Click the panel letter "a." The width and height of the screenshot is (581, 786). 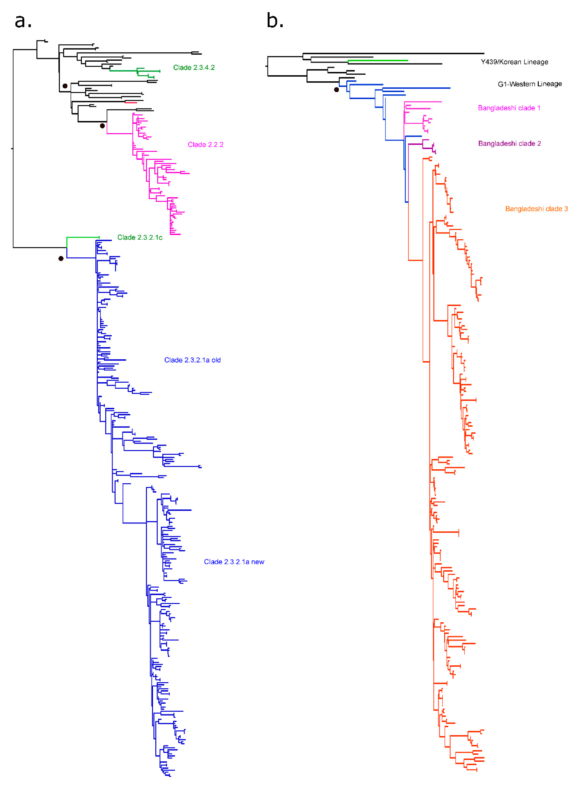pyautogui.click(x=23, y=21)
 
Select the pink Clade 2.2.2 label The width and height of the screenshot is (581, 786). pyautogui.click(x=205, y=145)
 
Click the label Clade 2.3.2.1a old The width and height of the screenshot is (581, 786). pyautogui.click(x=192, y=360)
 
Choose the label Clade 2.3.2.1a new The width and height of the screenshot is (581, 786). pyautogui.click(x=234, y=562)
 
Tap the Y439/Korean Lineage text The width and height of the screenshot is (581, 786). pyautogui.click(x=514, y=62)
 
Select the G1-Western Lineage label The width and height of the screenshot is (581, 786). pyautogui.click(x=529, y=84)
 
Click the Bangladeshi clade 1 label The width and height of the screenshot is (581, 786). pyautogui.click(x=509, y=108)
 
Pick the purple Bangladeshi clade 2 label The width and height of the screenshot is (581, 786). pyautogui.click(x=509, y=143)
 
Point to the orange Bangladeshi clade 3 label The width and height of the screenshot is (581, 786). pyautogui.click(x=536, y=209)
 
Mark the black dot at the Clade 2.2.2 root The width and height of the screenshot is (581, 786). pyautogui.click(x=102, y=126)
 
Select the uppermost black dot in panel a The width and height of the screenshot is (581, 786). pyautogui.click(x=65, y=86)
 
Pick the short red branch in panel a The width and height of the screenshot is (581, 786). pyautogui.click(x=131, y=102)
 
